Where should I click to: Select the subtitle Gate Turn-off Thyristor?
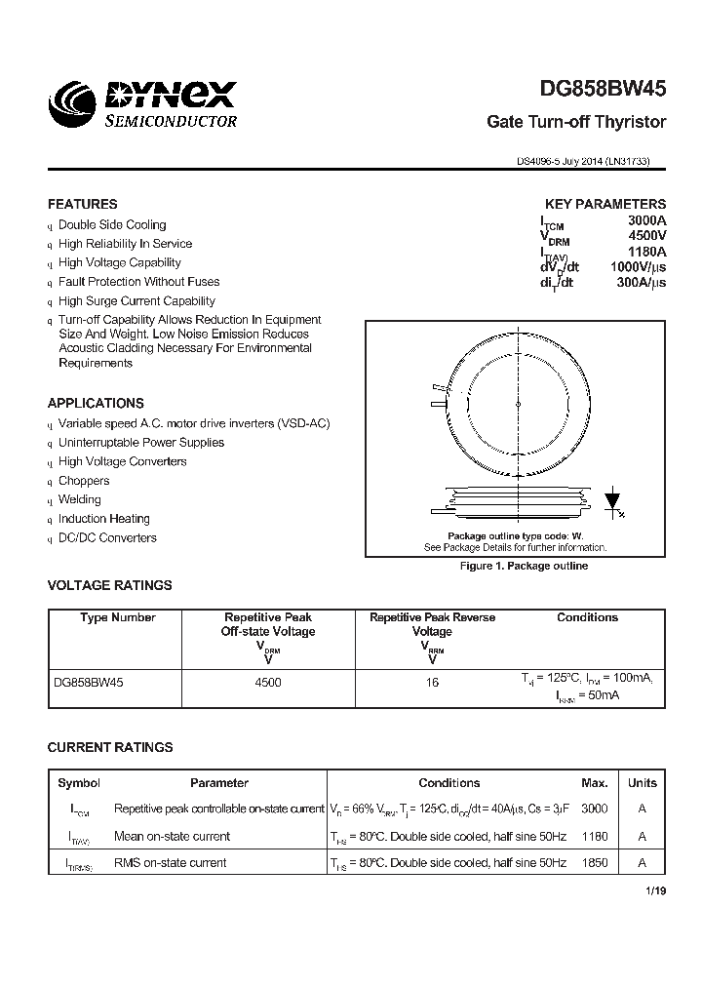576,122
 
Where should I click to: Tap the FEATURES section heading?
83,205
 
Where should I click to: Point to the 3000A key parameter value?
646,221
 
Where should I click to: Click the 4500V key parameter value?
646,236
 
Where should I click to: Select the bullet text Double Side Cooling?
112,225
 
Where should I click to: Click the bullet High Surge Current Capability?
136,301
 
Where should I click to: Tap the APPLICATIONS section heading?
96,403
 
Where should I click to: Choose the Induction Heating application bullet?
104,519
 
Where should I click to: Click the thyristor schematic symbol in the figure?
613,500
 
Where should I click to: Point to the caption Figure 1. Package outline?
524,567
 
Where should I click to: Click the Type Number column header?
118,617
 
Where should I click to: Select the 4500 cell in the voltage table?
267,683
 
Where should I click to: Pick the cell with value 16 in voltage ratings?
432,683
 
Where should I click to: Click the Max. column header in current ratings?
595,783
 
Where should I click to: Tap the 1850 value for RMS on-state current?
595,863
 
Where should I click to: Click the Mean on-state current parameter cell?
172,837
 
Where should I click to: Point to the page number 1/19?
656,891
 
